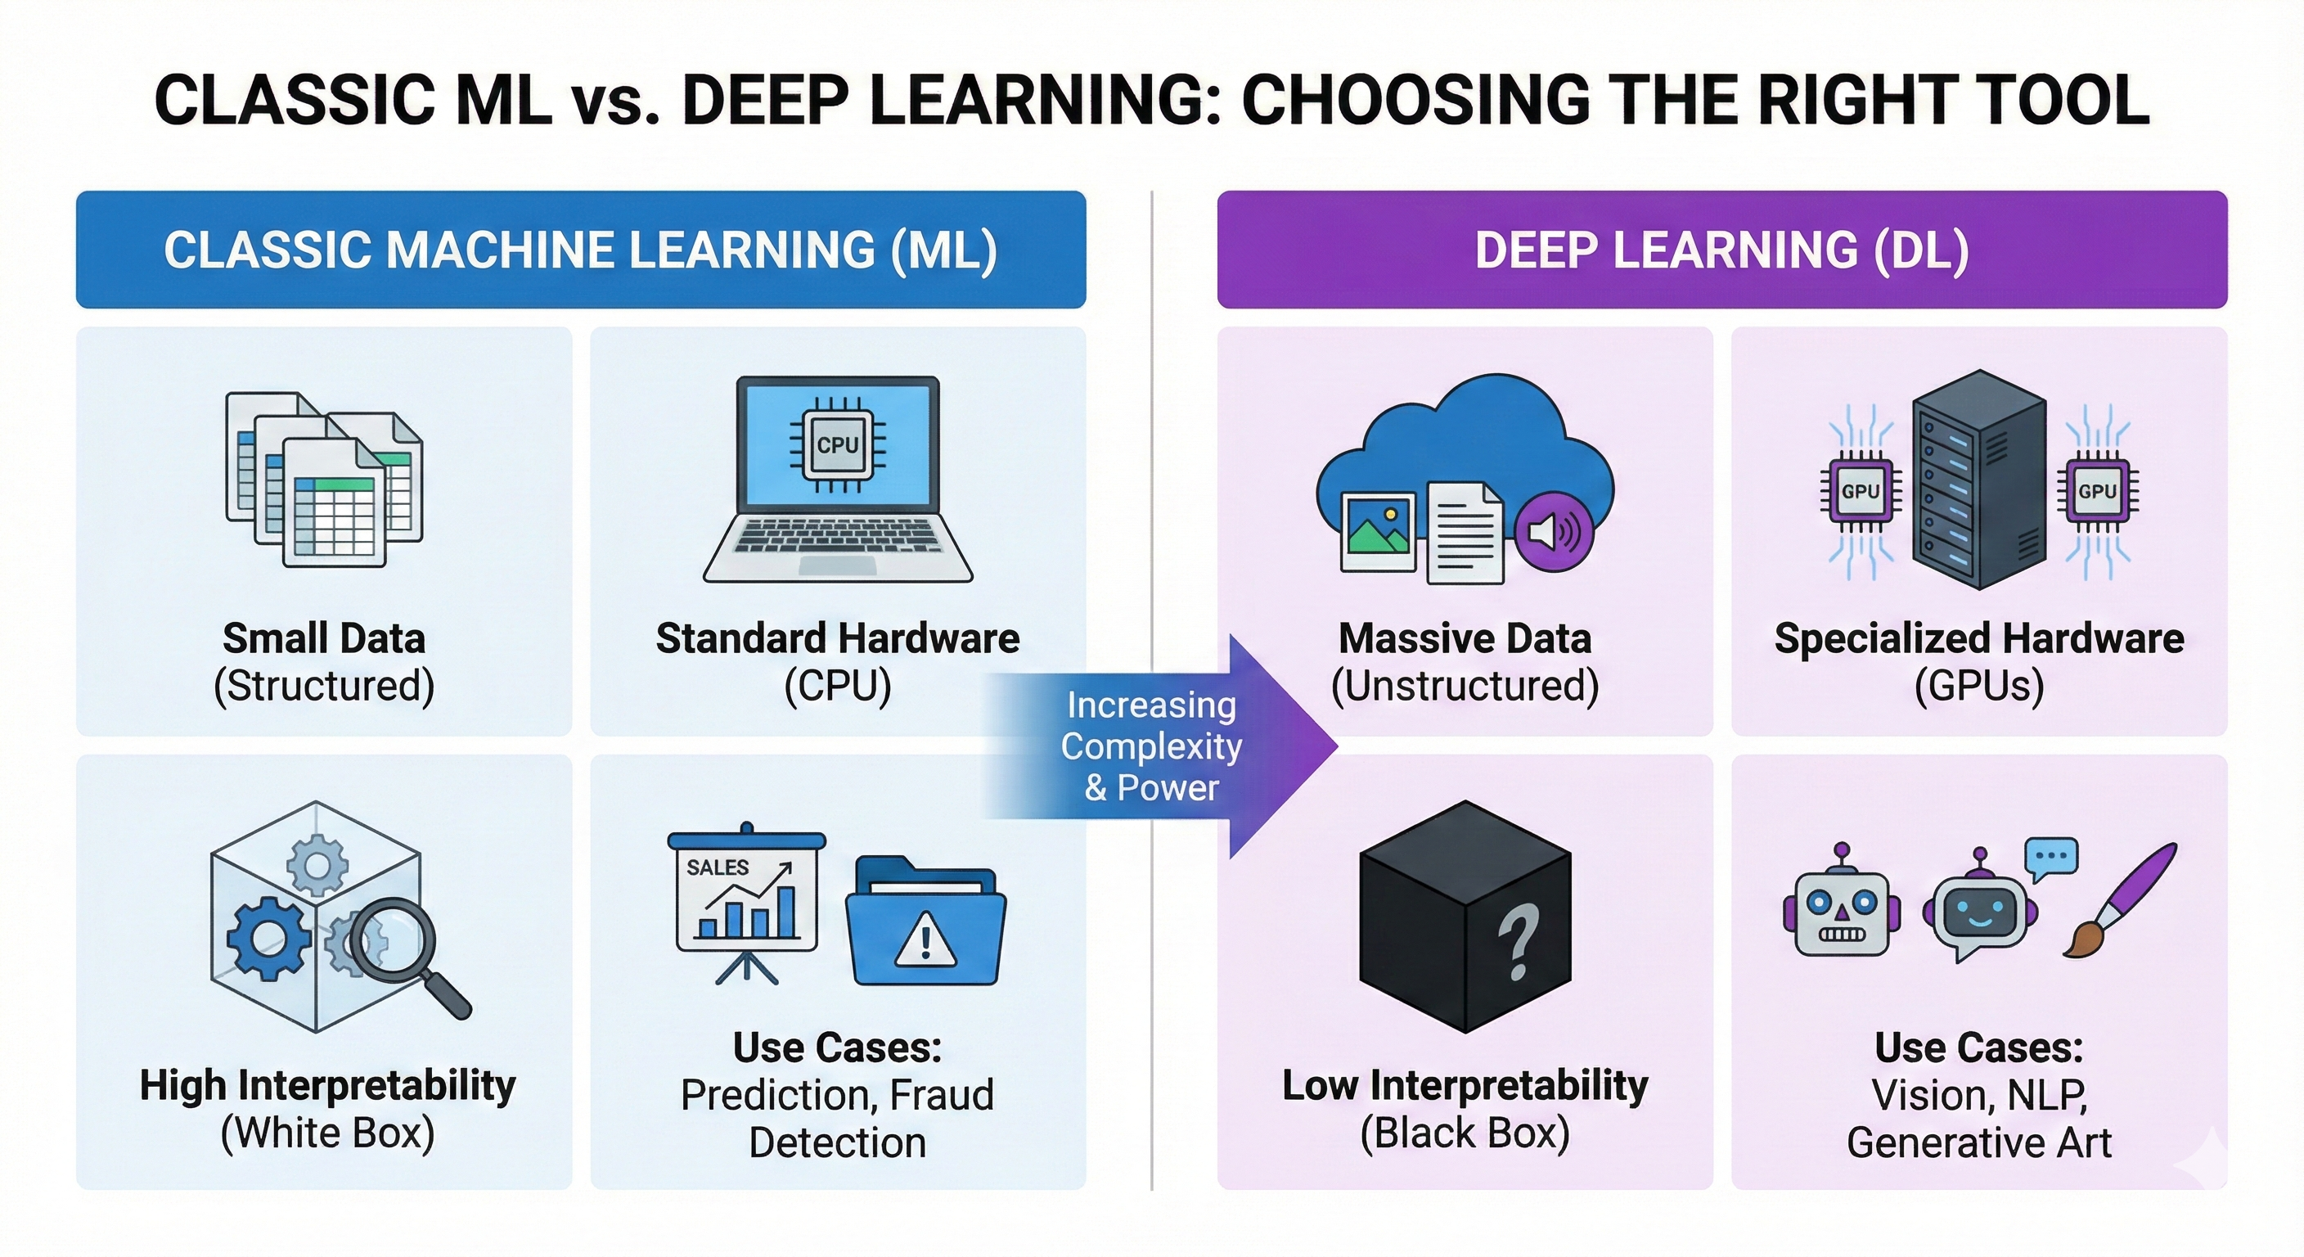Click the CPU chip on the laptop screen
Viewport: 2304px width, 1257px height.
[837, 444]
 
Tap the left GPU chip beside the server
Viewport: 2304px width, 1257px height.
[1861, 491]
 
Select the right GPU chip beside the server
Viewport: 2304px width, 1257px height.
[2096, 491]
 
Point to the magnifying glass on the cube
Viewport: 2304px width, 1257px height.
[394, 944]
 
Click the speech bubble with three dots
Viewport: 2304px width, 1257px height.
[2051, 856]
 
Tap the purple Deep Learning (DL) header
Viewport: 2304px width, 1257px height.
[1721, 250]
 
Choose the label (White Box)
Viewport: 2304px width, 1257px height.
[327, 1133]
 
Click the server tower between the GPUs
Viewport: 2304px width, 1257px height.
[1978, 480]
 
